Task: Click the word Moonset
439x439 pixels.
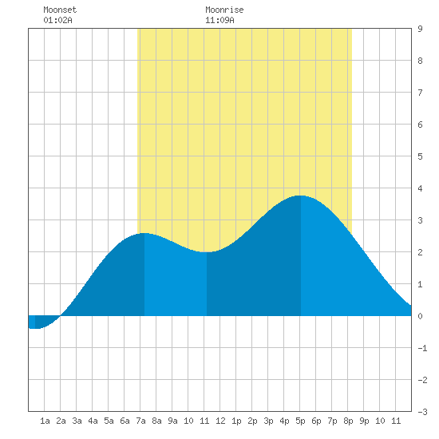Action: [x=60, y=10]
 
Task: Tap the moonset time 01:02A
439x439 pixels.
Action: [x=57, y=20]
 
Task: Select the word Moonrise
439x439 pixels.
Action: [x=224, y=10]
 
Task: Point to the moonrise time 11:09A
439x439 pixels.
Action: [x=219, y=20]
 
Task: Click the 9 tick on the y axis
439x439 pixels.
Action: [x=420, y=29]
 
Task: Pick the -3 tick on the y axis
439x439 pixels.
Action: [x=422, y=412]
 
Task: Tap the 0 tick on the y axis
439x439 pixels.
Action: [x=420, y=316]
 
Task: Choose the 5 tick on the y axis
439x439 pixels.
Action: [x=420, y=156]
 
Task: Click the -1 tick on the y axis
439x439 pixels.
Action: [x=422, y=348]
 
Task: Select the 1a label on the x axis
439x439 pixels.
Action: [x=45, y=421]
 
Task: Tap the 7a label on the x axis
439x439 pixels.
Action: [x=140, y=421]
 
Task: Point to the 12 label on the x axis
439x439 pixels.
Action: [x=220, y=421]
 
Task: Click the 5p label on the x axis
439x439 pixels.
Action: [x=300, y=421]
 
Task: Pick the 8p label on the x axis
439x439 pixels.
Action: [x=348, y=421]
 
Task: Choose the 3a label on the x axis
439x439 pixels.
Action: [x=77, y=421]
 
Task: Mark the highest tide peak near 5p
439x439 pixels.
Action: [x=300, y=196]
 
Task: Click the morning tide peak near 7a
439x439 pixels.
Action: [x=144, y=233]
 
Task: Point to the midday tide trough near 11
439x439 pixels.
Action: [x=207, y=252]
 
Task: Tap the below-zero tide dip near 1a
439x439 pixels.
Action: [x=36, y=328]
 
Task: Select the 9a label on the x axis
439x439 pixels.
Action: [x=172, y=421]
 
